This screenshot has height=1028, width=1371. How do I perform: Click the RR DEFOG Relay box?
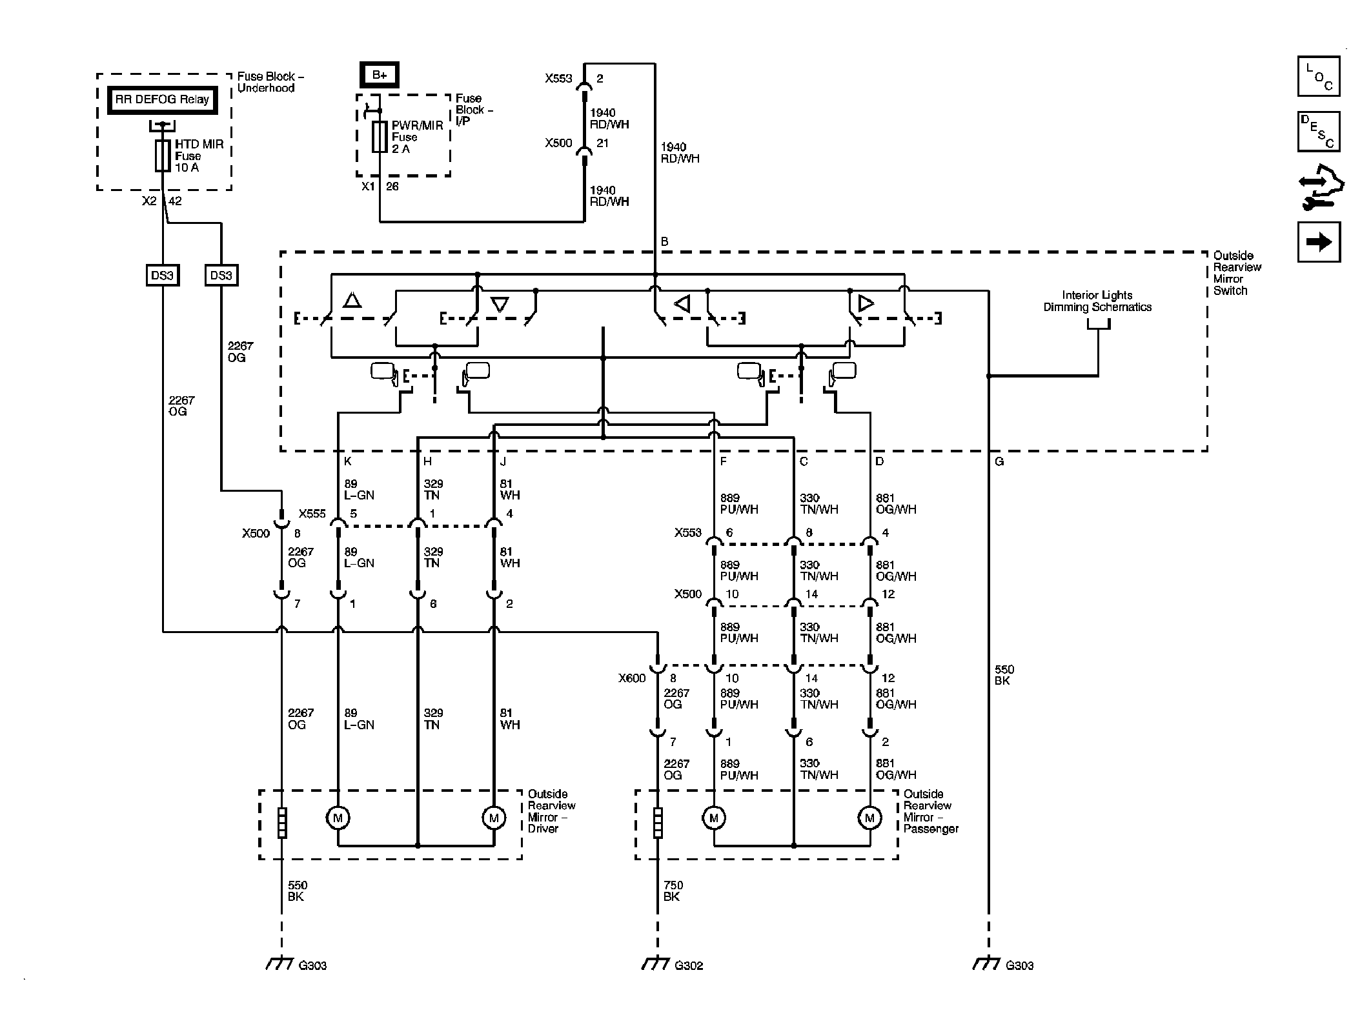[x=162, y=100]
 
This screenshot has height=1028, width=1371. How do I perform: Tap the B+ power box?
[x=380, y=75]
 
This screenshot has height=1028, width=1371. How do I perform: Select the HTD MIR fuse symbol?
[x=163, y=156]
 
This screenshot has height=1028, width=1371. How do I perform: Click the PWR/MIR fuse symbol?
[x=380, y=136]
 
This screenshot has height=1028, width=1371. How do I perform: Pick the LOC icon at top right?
[x=1319, y=76]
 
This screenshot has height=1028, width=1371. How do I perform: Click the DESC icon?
[x=1319, y=132]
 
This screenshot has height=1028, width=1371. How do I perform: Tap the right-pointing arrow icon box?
[x=1319, y=242]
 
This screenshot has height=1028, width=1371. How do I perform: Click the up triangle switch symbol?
[x=352, y=300]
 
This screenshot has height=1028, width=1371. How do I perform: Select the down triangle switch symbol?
[x=500, y=304]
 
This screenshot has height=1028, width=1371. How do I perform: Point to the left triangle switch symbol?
[x=682, y=303]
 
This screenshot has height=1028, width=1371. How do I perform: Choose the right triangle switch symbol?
[x=866, y=303]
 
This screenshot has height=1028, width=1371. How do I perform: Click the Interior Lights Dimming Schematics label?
[x=1097, y=301]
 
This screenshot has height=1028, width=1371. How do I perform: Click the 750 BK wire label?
[x=673, y=891]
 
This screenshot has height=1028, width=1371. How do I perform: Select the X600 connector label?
[x=632, y=678]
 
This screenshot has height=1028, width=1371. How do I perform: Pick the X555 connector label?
[x=312, y=514]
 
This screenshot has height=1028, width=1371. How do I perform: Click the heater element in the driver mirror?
[x=282, y=823]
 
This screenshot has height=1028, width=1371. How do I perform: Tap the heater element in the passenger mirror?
[x=658, y=823]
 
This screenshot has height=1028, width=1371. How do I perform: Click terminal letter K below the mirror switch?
[x=348, y=461]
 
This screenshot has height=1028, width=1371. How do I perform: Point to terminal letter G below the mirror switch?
[x=999, y=461]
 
